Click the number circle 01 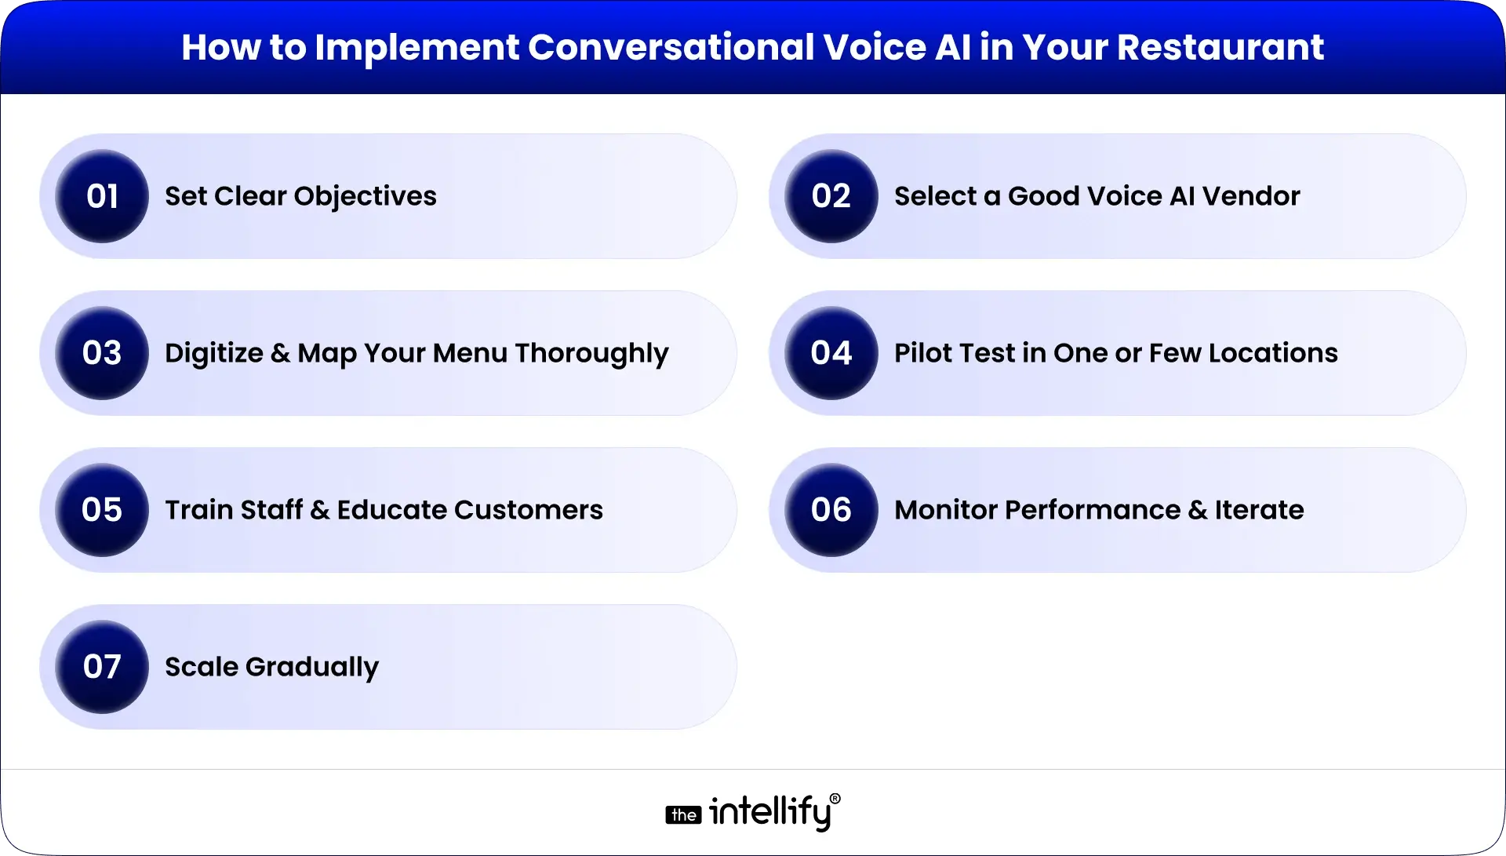pos(102,196)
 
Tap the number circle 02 pos(831,196)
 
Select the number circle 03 pos(102,353)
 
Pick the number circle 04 pos(831,353)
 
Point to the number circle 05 pos(102,510)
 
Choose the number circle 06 pos(831,510)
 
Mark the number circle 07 pos(102,667)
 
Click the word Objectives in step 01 pos(365,197)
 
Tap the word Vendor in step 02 pos(1251,196)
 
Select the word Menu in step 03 pos(470,353)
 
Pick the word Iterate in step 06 pos(1260,510)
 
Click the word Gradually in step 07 pos(312,668)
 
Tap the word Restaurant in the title pos(1220,47)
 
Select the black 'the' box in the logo pos(683,815)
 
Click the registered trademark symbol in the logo pos(835,799)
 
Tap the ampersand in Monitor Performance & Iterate pos(1198,511)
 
